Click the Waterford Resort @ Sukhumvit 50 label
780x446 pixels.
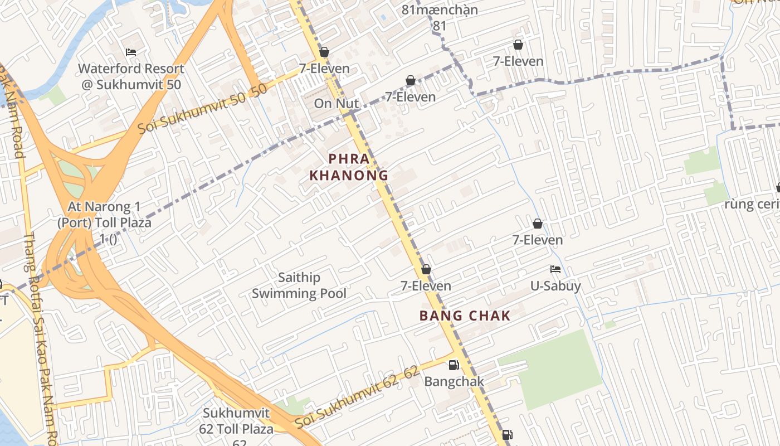[x=131, y=76]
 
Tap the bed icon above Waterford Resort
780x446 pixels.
[x=131, y=52]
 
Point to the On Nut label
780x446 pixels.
[x=336, y=103]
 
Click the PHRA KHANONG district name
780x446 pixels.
[x=349, y=167]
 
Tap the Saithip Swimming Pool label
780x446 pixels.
[x=299, y=285]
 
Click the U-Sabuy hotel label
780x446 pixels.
[x=555, y=286]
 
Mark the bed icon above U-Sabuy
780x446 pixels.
[x=555, y=269]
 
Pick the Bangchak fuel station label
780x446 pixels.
[x=454, y=382]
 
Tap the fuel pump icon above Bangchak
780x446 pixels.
[x=454, y=366]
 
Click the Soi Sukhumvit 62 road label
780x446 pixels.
[x=357, y=397]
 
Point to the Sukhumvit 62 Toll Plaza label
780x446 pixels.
[x=236, y=421]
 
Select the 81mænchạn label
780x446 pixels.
[x=440, y=10]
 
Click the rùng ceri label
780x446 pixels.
[x=752, y=204]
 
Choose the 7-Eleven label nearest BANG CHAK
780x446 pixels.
[x=426, y=286]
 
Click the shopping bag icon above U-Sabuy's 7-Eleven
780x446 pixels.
[x=538, y=224]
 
